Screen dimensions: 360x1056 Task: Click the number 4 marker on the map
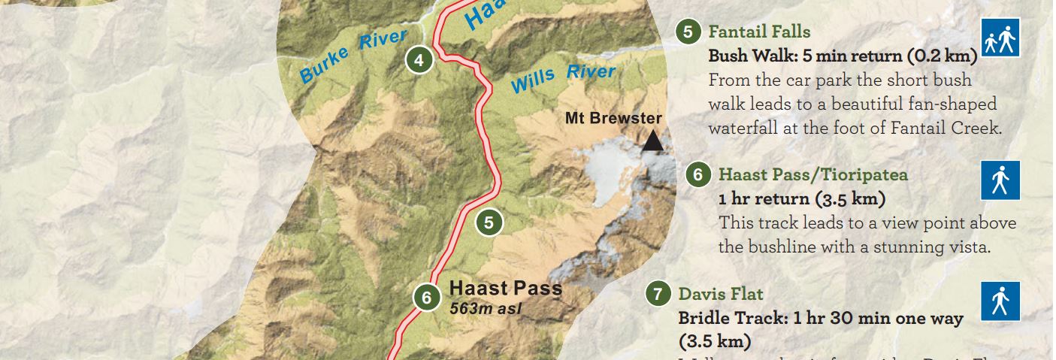[419, 60]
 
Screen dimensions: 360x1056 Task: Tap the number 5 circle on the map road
[489, 222]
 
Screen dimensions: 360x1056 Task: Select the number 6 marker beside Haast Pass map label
[426, 298]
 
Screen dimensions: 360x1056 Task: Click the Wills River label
[563, 77]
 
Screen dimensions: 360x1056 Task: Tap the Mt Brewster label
[613, 119]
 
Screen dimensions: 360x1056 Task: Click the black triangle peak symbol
[653, 141]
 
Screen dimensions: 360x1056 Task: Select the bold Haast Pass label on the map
[505, 289]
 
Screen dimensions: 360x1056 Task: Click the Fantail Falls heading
[759, 32]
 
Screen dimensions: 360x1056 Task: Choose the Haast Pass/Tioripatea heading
[813, 174]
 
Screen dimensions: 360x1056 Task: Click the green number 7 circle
[658, 294]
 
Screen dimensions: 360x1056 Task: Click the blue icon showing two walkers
[1000, 38]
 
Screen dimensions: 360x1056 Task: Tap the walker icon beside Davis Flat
[1000, 301]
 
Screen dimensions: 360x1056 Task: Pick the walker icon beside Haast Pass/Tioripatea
[1000, 180]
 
